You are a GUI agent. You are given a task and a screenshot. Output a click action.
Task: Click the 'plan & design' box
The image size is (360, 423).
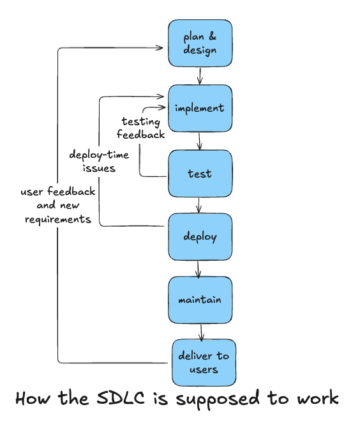pos(200,43)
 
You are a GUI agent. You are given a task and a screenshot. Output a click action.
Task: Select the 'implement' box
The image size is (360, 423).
pos(200,108)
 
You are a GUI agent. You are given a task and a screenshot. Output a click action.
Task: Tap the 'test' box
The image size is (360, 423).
pos(200,173)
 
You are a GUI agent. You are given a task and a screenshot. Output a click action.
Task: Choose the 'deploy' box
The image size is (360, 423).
pos(200,237)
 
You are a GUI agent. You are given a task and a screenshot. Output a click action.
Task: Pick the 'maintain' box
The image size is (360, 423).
pos(200,300)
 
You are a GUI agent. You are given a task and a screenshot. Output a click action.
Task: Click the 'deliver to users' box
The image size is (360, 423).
pos(204,362)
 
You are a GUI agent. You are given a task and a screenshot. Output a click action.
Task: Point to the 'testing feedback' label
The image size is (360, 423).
pos(141,128)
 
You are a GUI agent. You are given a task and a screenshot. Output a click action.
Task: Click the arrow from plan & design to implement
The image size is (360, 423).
pos(200,75)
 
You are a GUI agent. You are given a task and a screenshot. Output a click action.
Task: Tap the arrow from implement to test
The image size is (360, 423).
pos(200,141)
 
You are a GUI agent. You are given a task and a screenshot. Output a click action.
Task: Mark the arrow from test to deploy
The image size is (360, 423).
pos(200,204)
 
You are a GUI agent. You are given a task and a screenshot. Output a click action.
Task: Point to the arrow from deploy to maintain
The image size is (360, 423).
pos(199,268)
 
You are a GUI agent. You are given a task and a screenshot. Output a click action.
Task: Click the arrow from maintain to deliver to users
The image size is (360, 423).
pos(202,331)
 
